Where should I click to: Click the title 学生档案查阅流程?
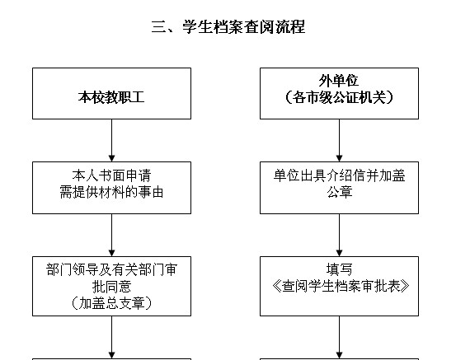[244, 26]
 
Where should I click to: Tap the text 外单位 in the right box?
[339, 81]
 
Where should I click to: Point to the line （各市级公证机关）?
[339, 97]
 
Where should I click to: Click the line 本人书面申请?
[111, 175]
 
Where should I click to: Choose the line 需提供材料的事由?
[111, 192]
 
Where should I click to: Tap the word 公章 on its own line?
[340, 192]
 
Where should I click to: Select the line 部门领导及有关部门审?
[111, 269]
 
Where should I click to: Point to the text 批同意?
[111, 287]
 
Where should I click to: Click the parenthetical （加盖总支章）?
[111, 303]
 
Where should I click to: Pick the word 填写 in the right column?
[340, 269]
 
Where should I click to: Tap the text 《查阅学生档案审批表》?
[341, 287]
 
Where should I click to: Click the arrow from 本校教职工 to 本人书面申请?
[111, 140]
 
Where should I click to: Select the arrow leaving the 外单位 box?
[339, 140]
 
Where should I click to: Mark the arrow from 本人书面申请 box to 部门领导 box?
[111, 235]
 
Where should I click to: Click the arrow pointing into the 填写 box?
[339, 235]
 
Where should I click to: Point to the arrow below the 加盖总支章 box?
[111, 337]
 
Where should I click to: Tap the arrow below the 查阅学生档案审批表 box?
[339, 337]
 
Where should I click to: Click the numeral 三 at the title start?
[158, 27]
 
